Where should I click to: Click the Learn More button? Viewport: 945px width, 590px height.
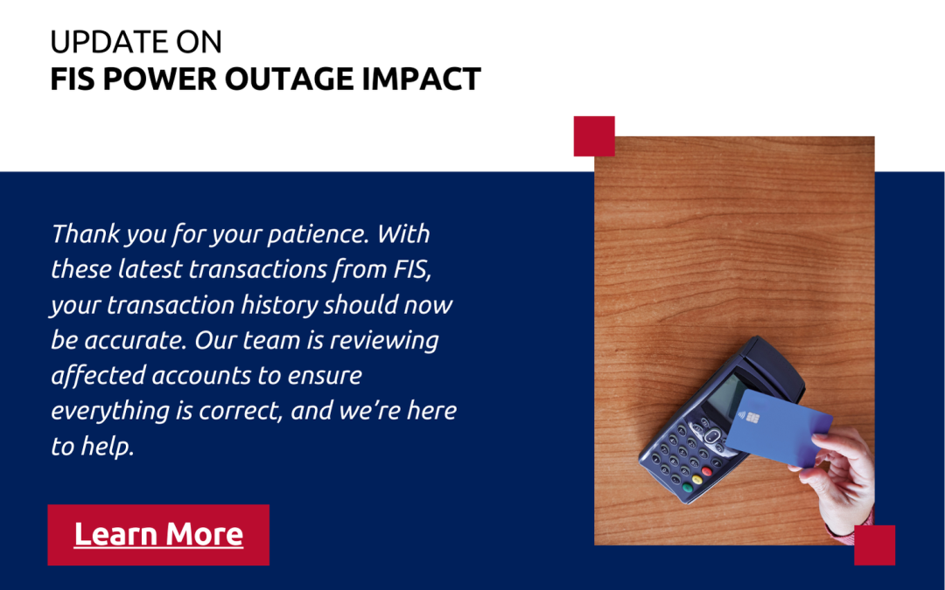pos(158,535)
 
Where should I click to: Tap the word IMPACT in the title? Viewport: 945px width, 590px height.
pos(421,79)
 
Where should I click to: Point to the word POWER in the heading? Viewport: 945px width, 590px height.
pos(160,79)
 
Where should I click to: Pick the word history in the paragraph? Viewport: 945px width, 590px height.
pos(279,305)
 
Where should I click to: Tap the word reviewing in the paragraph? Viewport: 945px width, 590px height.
pos(384,341)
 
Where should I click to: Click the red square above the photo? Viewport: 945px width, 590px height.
pos(594,136)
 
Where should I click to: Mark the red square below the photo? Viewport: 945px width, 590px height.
pos(874,545)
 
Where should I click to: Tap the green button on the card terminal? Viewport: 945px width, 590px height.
pos(687,487)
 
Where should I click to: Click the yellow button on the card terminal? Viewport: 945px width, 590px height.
pos(697,479)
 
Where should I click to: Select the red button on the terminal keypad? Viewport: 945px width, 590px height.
pos(707,471)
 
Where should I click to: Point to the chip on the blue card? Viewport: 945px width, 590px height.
pos(752,418)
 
